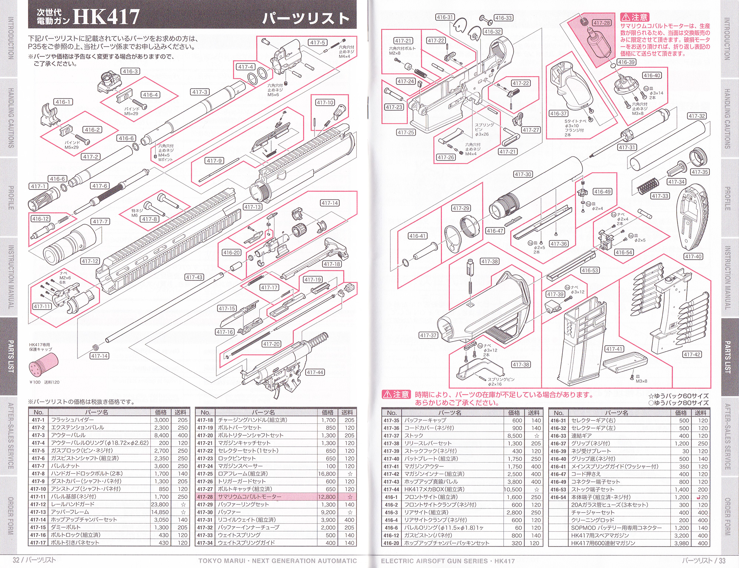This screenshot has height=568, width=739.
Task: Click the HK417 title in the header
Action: pyautogui.click(x=107, y=17)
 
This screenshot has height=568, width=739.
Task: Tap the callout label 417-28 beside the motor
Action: pyautogui.click(x=601, y=23)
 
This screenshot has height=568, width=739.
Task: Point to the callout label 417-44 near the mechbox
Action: pyautogui.click(x=315, y=372)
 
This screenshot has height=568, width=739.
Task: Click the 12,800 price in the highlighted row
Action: pyautogui.click(x=326, y=497)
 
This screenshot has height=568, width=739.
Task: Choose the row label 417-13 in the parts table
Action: pyautogui.click(x=38, y=512)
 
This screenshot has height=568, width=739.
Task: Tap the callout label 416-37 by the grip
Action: pyautogui.click(x=558, y=114)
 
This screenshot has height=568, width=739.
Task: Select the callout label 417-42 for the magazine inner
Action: pyautogui.click(x=692, y=354)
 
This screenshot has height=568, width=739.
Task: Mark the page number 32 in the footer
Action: pyautogui.click(x=16, y=560)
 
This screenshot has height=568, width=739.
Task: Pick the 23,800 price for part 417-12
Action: pyautogui.click(x=160, y=504)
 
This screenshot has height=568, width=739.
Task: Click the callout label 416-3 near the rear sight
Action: pyautogui.click(x=130, y=71)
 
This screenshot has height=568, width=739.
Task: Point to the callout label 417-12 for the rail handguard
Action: pyautogui.click(x=90, y=261)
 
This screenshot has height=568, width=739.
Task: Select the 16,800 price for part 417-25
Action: pyautogui.click(x=326, y=474)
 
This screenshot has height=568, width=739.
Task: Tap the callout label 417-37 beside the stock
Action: pyautogui.click(x=428, y=335)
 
